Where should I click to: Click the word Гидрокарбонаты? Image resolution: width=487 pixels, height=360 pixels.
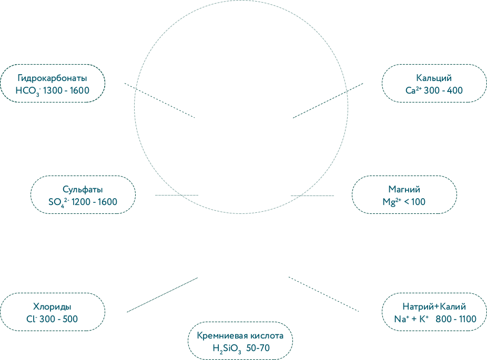tap(52, 78)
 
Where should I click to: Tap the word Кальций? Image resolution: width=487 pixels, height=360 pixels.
tap(433, 78)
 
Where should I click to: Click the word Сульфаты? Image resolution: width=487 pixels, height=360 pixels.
tap(83, 190)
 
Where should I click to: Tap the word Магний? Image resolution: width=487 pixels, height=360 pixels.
tap(404, 190)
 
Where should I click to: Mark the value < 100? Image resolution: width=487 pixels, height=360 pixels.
tap(416, 202)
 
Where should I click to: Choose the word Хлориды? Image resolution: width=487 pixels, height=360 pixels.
tap(52, 307)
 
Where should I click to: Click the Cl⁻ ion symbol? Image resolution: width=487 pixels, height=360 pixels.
tap(31, 319)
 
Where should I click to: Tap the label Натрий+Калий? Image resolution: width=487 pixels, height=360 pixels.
tap(434, 307)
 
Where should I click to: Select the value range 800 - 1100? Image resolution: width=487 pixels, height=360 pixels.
tap(456, 319)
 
